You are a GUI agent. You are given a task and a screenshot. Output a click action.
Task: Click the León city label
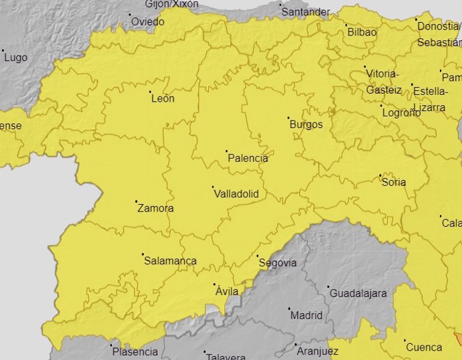click(163, 99)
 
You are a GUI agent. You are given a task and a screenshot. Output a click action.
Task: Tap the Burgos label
click(305, 124)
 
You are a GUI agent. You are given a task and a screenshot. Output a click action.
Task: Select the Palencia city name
click(248, 159)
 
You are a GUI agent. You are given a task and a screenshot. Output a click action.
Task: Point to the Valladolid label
click(236, 194)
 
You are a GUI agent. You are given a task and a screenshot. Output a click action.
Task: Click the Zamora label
click(155, 208)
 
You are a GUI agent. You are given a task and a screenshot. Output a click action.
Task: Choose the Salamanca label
click(170, 261)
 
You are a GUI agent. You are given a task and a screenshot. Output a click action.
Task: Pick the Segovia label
click(277, 262)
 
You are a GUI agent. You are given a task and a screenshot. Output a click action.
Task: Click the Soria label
click(394, 182)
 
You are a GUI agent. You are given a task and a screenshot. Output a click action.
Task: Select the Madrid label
click(306, 315)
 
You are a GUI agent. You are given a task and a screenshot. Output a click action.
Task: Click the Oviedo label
click(147, 21)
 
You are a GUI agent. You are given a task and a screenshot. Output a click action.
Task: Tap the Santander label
click(305, 12)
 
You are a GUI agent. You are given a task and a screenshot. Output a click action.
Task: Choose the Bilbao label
click(362, 32)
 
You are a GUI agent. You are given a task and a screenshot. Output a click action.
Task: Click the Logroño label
click(401, 112)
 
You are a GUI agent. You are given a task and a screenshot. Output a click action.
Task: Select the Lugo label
click(15, 58)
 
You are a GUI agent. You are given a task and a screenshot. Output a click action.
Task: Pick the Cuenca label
click(425, 347)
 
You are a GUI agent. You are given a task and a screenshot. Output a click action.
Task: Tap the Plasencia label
click(135, 352)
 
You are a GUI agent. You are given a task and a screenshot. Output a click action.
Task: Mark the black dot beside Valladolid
click(213, 187)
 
